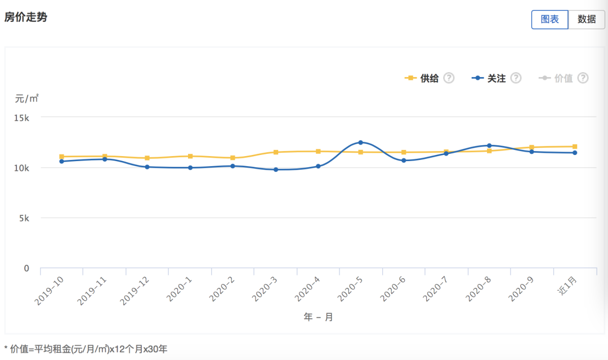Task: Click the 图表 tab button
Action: coord(549,19)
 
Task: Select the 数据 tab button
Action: coord(587,19)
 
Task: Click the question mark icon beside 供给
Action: coord(449,78)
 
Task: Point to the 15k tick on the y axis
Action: coord(22,118)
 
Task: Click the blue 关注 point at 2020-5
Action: coord(360,143)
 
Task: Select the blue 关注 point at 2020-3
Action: coord(276,170)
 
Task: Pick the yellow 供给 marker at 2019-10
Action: coord(62,157)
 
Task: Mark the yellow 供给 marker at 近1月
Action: coord(575,146)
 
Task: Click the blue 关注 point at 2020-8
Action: coord(489,146)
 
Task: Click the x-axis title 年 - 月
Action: coord(318,317)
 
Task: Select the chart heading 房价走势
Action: coord(26,17)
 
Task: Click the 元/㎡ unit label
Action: coord(26,99)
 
